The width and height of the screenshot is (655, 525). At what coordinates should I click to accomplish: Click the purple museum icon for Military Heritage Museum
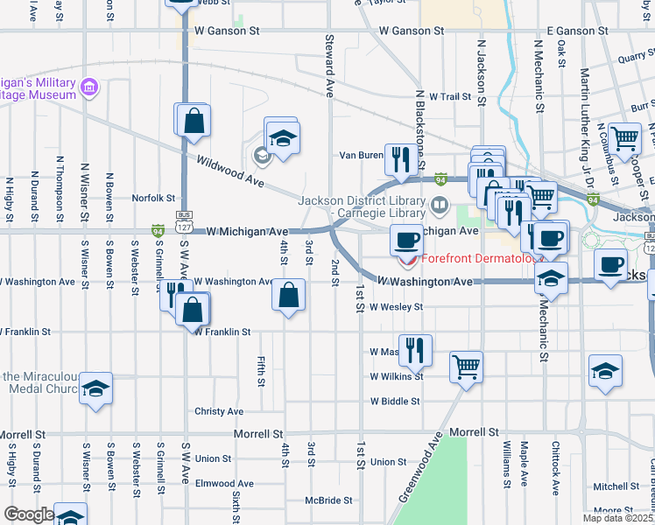click(x=88, y=87)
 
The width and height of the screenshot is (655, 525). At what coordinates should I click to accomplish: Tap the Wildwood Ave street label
click(x=230, y=171)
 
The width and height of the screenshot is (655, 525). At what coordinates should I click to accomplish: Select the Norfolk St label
click(x=154, y=198)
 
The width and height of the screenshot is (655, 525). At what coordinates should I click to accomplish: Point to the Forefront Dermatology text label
click(x=481, y=258)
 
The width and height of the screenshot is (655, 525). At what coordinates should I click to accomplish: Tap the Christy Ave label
click(x=219, y=411)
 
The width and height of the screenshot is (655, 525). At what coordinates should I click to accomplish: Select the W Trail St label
click(x=448, y=96)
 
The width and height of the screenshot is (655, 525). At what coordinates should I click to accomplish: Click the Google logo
click(x=28, y=514)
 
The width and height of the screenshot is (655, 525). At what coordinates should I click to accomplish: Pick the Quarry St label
click(x=636, y=59)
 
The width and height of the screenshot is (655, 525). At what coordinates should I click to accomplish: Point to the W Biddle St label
click(x=396, y=402)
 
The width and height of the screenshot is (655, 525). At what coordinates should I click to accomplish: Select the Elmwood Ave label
click(x=224, y=483)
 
